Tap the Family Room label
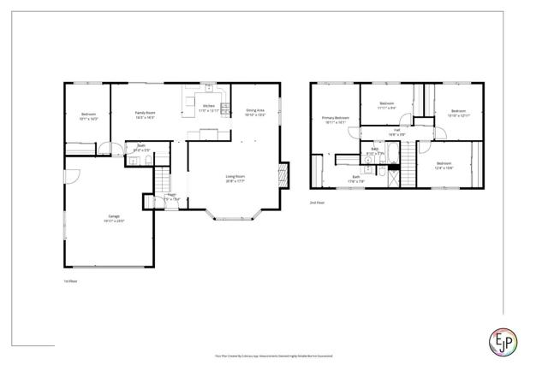pyautogui.click(x=145, y=115)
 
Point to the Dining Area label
pyautogui.click(x=255, y=111)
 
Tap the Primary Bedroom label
pyautogui.click(x=335, y=119)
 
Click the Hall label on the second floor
pyautogui.click(x=396, y=132)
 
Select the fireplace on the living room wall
pyautogui.click(x=285, y=177)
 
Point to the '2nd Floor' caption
pyautogui.click(x=318, y=203)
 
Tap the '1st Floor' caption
pyautogui.click(x=71, y=280)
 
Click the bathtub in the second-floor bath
pyautogui.click(x=392, y=154)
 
